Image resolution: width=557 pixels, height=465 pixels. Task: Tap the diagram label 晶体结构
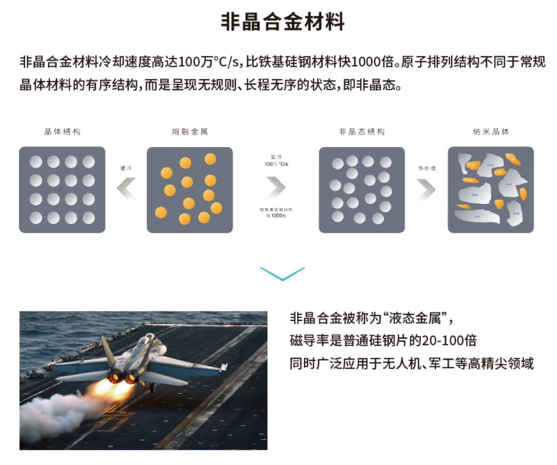pos(62,132)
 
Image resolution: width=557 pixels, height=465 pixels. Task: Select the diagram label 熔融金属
pos(190,132)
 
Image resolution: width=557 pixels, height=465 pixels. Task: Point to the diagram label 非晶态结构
pos(362,132)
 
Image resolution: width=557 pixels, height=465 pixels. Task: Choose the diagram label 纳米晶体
pos(490,132)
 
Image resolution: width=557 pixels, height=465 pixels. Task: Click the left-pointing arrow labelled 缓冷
pos(126,188)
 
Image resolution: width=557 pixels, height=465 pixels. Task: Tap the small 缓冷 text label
pos(126,168)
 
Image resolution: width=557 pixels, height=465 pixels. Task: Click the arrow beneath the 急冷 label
pos(276,187)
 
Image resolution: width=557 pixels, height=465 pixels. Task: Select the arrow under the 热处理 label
pos(426,189)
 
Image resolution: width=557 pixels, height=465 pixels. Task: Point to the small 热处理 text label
pos(427,168)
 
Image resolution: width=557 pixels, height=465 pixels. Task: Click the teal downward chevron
pos(283,273)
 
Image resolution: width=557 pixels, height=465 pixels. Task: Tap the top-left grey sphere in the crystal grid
pos(36,162)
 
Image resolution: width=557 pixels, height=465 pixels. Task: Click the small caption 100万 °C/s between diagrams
pos(276,163)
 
